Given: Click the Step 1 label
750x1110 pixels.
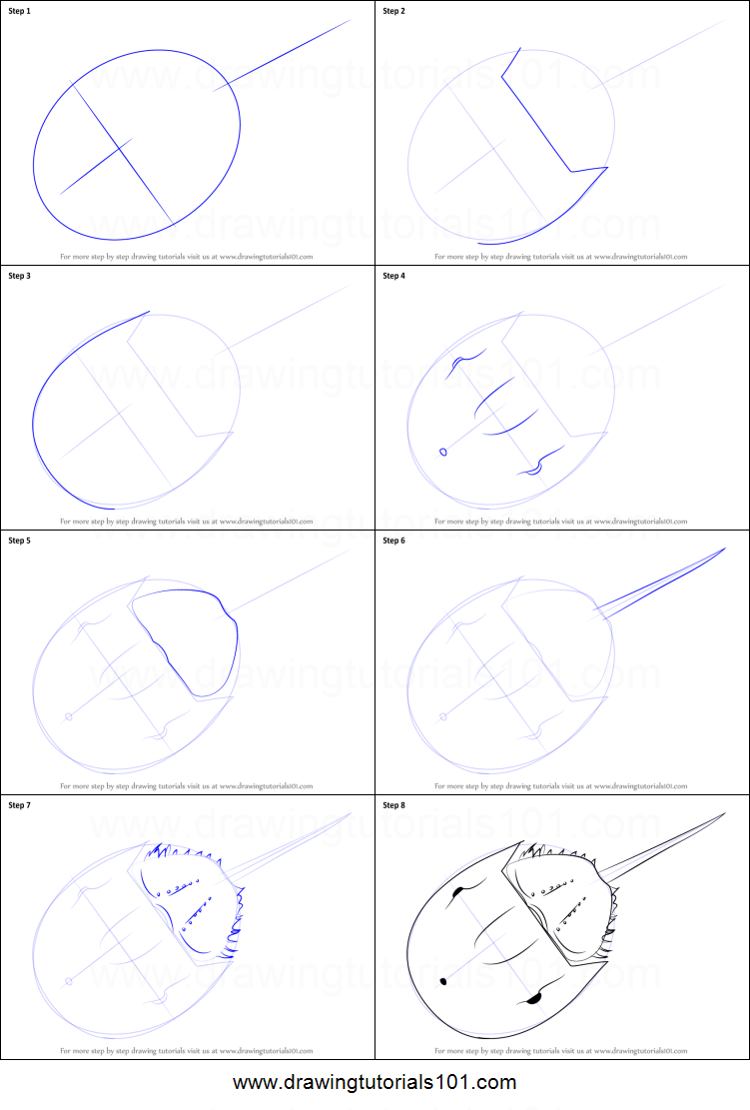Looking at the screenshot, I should point(20,11).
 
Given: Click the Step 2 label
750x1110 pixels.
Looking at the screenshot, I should point(394,11).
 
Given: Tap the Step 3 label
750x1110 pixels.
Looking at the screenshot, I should point(20,276).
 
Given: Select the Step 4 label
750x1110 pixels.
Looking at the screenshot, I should point(394,276).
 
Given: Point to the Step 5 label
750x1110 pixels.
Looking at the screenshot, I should point(20,541).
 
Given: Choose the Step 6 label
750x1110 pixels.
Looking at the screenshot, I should point(394,541).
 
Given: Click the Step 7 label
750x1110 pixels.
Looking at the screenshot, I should point(20,805).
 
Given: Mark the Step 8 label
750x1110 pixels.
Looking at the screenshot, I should point(394,805).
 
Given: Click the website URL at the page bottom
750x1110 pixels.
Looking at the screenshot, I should point(375,1082).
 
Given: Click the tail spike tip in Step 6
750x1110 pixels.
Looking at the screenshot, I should point(725,549).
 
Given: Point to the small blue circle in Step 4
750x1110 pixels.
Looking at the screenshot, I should point(442,452).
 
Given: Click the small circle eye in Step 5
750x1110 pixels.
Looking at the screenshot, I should point(68,716).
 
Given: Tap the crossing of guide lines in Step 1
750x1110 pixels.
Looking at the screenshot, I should point(122,148).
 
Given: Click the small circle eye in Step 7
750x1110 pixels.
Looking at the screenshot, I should point(68,981).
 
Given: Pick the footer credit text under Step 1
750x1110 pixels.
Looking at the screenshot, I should point(187,257).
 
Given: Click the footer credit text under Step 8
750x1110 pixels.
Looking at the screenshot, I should point(561,1051).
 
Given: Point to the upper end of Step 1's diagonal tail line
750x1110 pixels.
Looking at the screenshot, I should point(351,19).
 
